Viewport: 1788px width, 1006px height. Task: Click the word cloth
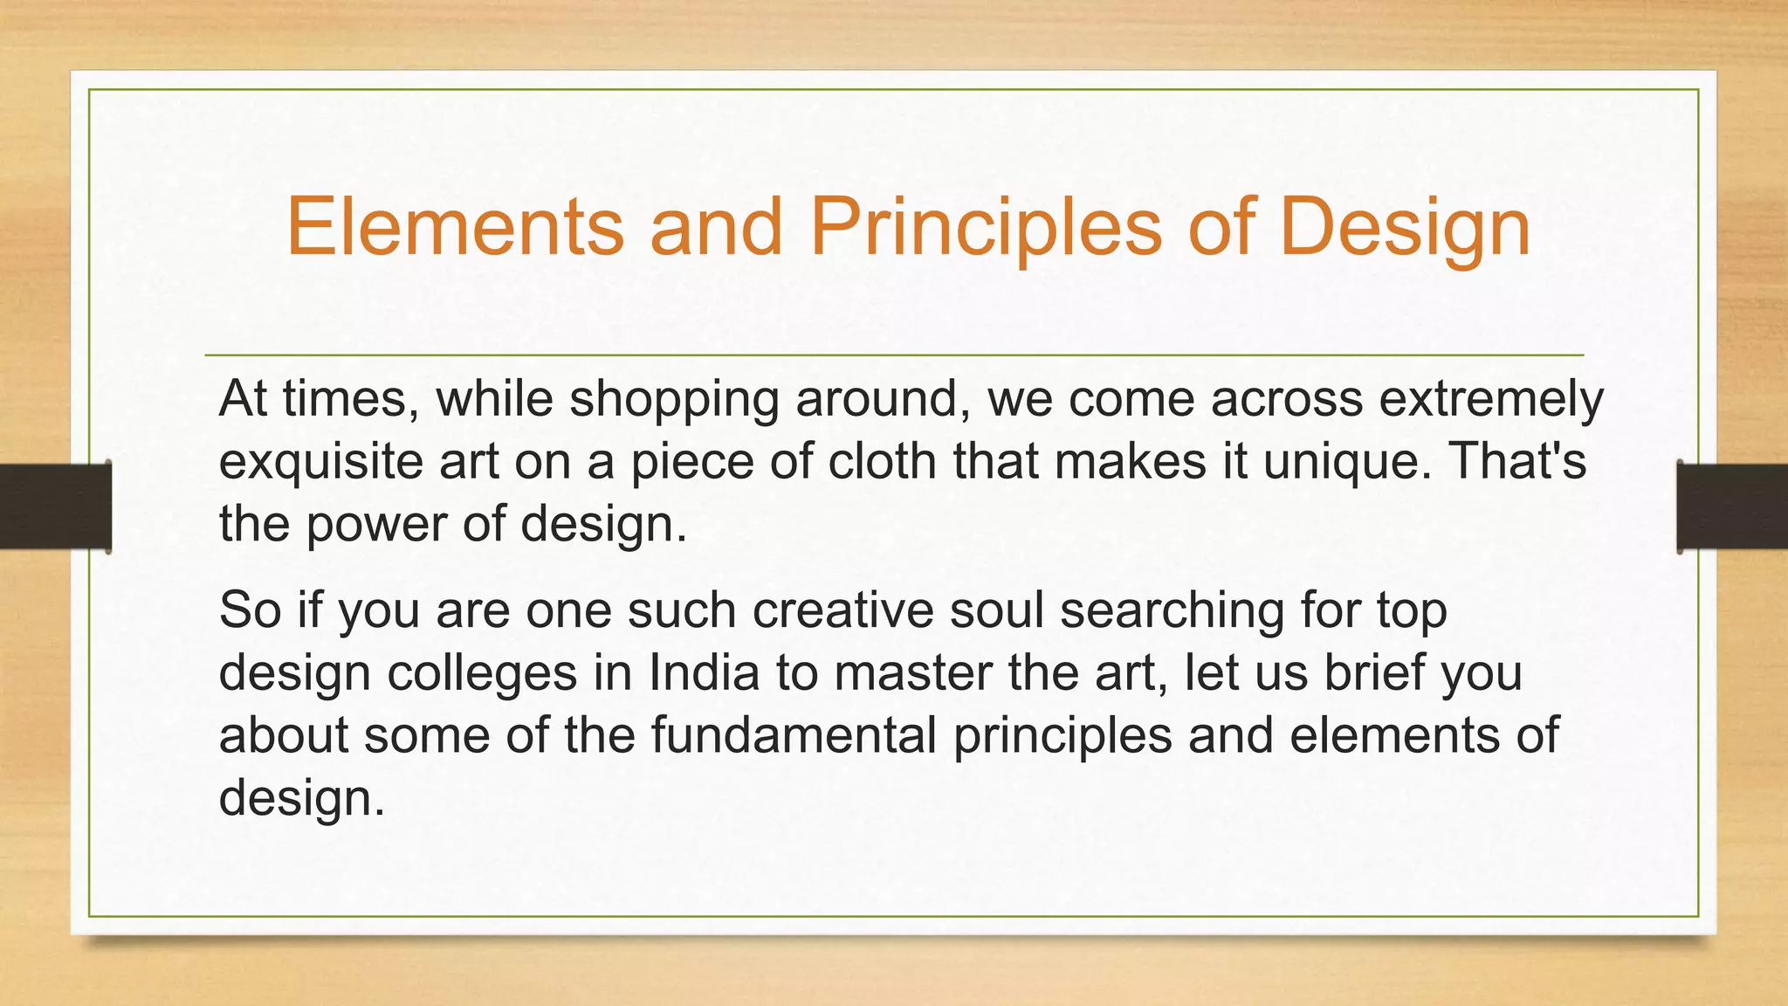tap(882, 461)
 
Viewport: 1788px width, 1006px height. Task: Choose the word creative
tap(842, 610)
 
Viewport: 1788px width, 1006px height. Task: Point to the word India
tap(704, 672)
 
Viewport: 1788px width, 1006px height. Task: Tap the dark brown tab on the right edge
tap(1732, 506)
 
